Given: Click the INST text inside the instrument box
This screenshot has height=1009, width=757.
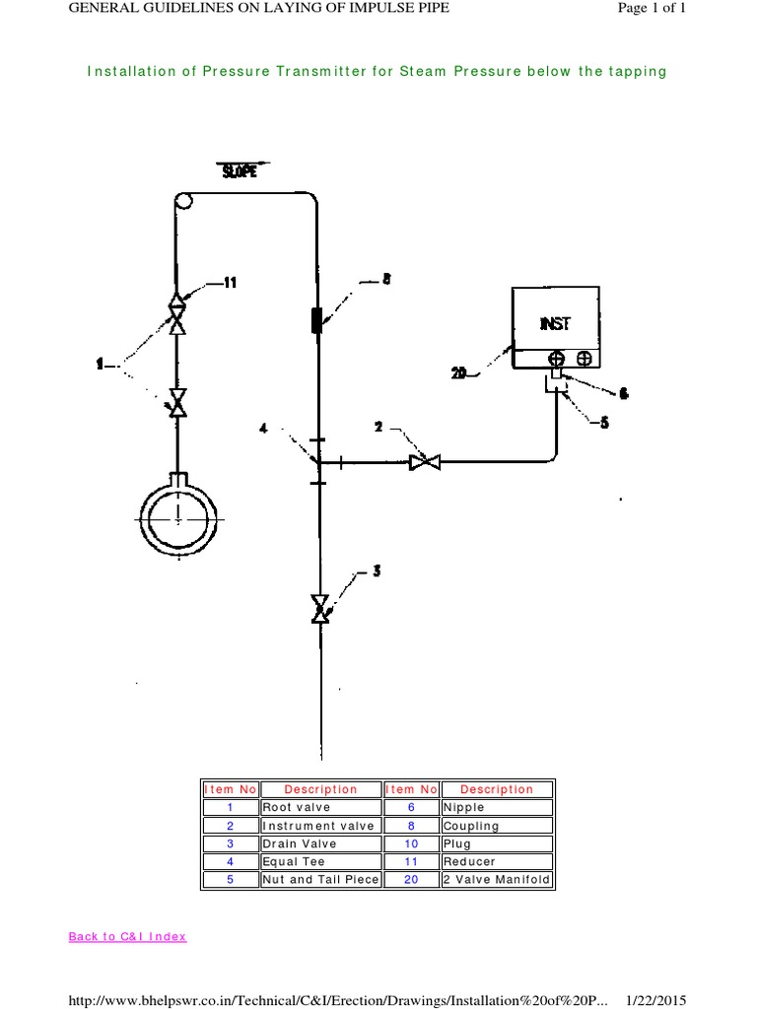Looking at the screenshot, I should point(554,323).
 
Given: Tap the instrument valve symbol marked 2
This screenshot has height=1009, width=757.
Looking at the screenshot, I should point(426,461).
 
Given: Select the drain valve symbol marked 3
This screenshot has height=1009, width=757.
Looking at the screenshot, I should point(319,608).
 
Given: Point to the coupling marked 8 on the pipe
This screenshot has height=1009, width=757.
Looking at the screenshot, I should point(317,321).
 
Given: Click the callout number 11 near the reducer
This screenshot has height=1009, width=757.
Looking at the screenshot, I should point(230,283).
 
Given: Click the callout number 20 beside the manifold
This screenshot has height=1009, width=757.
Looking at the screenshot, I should point(459,373).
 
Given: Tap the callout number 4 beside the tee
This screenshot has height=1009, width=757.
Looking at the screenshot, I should point(263,427).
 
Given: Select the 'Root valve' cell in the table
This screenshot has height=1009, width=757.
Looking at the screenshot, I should point(319,807).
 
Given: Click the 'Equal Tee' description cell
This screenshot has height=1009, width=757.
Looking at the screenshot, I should point(319,861).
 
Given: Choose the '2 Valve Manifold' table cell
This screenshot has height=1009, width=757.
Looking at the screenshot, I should point(497,879).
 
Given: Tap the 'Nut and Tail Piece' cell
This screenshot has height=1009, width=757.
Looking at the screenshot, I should point(319,879).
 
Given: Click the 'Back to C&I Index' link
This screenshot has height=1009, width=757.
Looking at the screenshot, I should point(127,936).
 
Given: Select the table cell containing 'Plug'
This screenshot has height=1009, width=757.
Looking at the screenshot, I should point(497,843).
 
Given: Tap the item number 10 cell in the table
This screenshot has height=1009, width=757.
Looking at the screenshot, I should point(411,843).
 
